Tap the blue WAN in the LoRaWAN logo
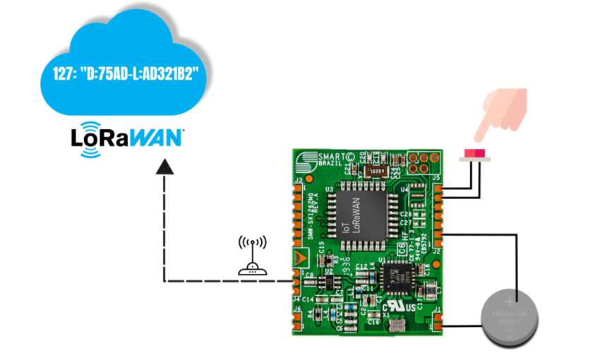coord(157,137)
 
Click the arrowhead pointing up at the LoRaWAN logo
coord(164,167)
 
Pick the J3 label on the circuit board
coord(298,181)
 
